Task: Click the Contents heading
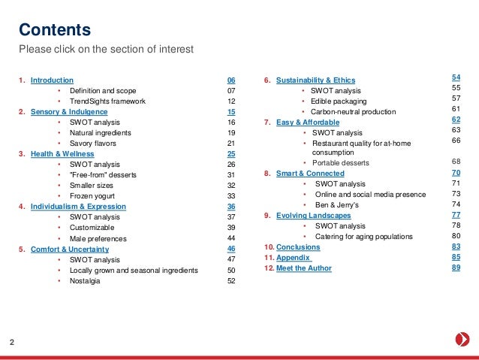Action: [x=55, y=30]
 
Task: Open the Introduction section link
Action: [x=52, y=79]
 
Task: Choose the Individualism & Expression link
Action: [x=78, y=206]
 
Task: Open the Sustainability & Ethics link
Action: [x=315, y=80]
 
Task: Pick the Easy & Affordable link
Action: [x=308, y=122]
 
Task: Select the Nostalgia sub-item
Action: [x=86, y=281]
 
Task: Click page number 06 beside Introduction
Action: [x=231, y=79]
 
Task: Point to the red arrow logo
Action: [x=462, y=339]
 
